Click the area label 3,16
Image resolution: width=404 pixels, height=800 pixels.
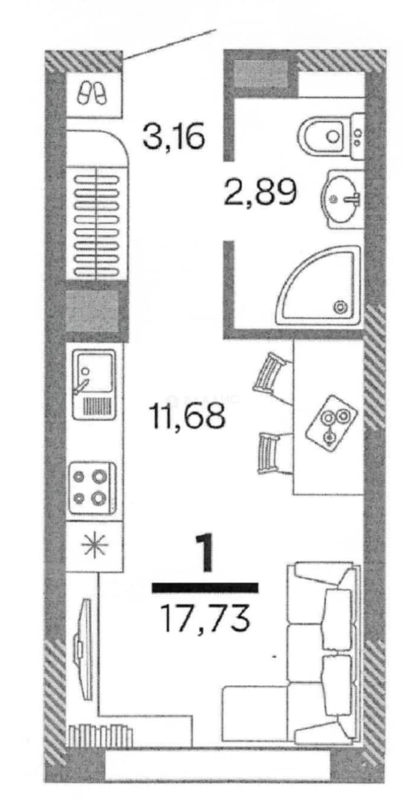click(174, 137)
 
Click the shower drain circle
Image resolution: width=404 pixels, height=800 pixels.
click(340, 307)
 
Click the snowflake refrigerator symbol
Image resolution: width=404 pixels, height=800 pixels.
click(95, 547)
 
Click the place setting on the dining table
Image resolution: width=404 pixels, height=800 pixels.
click(331, 423)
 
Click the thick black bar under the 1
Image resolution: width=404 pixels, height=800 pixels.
click(205, 587)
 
